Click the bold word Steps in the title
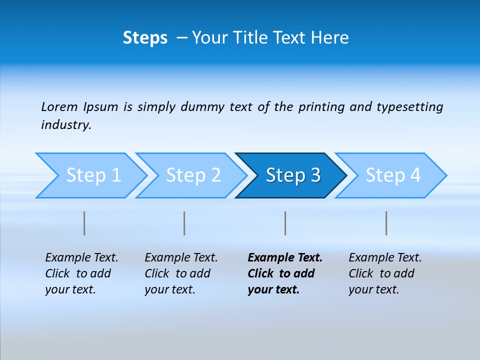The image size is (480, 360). coord(145,38)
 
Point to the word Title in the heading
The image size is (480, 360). coord(266,38)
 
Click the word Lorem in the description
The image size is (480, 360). coord(59,107)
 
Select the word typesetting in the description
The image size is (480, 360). coord(409,107)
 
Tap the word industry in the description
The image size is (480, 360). coord(66,125)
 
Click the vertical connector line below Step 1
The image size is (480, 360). coord(84,223)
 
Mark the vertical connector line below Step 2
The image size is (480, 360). coord(184,223)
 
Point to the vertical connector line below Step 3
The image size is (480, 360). coord(285,223)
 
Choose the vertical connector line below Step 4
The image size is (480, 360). coord(386,223)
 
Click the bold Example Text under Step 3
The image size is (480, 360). coord(285,258)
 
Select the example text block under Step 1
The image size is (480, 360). coord(81,273)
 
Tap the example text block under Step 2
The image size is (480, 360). coord(181,273)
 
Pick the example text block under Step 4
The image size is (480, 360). coord(385,273)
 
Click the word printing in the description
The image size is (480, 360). coord(321,107)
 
